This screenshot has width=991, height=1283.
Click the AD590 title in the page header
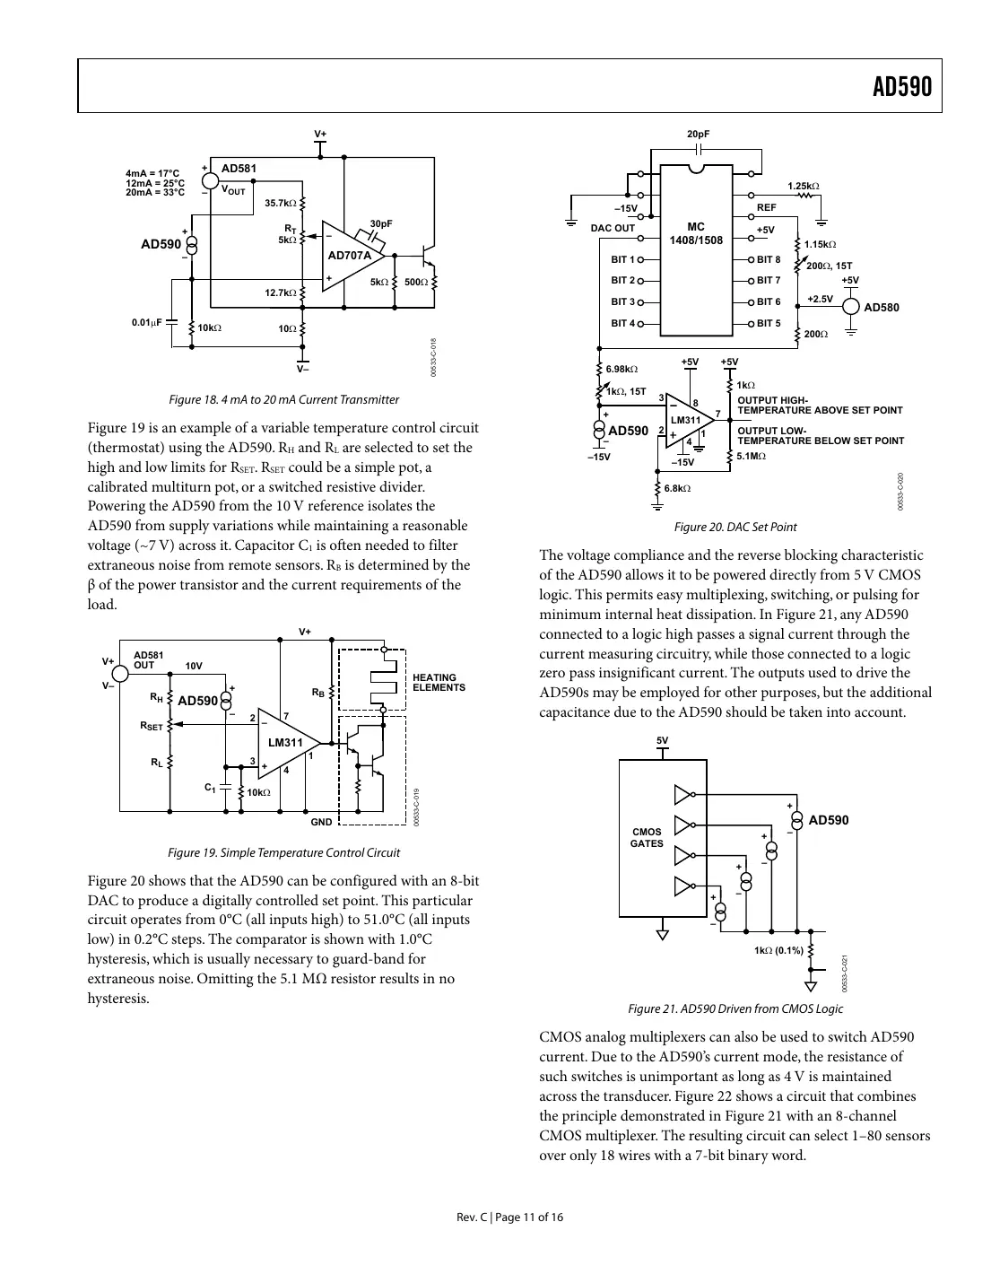coord(901,87)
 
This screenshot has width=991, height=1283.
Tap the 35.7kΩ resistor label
coord(281,204)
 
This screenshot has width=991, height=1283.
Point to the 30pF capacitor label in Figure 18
coord(381,223)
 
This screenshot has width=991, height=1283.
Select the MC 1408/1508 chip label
coord(695,233)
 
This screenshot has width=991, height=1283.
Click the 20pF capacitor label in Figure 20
coord(698,135)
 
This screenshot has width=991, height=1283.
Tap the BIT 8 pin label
coord(769,260)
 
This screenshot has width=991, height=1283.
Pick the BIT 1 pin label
coord(622,260)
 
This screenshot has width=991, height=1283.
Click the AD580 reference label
coord(881,308)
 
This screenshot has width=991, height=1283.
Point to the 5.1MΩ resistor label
coord(752,457)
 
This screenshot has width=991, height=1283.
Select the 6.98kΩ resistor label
coord(622,369)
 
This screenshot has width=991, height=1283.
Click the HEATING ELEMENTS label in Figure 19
coord(439,683)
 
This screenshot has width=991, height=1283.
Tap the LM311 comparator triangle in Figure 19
coord(286,742)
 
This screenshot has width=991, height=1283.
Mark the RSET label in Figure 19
coord(152,726)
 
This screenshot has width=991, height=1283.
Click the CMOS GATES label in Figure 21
coord(647,837)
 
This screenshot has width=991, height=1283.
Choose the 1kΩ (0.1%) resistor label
coord(779,950)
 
